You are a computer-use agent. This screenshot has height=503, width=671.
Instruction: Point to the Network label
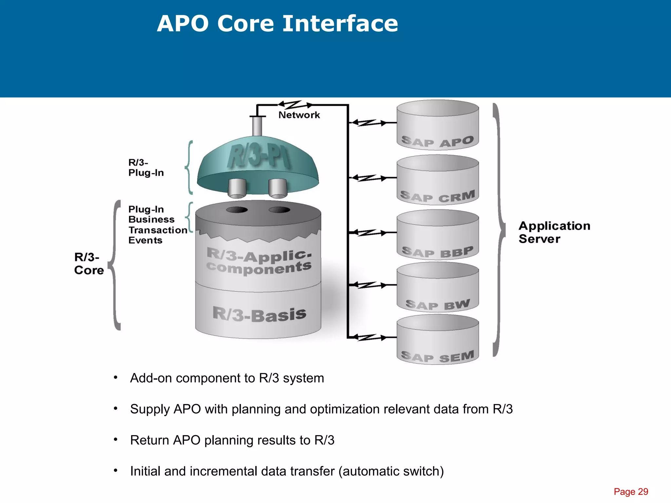pyautogui.click(x=299, y=115)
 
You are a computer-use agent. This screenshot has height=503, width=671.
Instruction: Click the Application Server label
pyautogui.click(x=554, y=232)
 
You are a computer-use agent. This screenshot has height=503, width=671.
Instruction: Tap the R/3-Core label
pyautogui.click(x=88, y=264)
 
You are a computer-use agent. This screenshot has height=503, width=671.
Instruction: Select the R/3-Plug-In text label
pyautogui.click(x=145, y=168)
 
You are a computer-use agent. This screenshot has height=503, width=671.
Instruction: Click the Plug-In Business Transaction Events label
pyautogui.click(x=157, y=225)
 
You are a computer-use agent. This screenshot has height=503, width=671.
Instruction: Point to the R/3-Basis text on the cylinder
pyautogui.click(x=259, y=314)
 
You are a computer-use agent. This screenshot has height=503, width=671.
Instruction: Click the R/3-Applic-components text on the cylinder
pyautogui.click(x=259, y=262)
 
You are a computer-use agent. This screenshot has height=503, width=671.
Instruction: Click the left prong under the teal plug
pyautogui.click(x=237, y=188)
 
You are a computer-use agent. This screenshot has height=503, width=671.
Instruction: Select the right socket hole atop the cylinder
pyautogui.click(x=279, y=210)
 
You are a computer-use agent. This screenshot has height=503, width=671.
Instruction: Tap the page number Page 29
pyautogui.click(x=631, y=492)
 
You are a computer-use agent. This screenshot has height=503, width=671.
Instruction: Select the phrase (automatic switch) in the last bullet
pyautogui.click(x=391, y=471)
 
